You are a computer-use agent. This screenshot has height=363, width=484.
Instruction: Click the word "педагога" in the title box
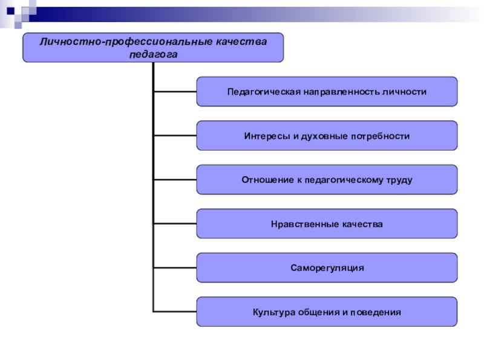point(153,54)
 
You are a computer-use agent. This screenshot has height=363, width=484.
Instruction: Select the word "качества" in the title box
point(241,42)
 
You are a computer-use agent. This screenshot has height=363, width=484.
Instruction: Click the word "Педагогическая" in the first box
point(264,92)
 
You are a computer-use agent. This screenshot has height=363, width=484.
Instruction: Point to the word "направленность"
point(342,92)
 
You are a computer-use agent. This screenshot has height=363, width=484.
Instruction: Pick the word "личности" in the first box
point(405,92)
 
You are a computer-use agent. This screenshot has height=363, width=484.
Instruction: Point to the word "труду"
point(399,180)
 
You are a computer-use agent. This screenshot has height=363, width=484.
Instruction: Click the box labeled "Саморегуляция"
point(327,267)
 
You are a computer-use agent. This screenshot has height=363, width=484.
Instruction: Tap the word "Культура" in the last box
point(274,312)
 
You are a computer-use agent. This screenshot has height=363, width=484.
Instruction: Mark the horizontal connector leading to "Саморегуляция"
point(175,267)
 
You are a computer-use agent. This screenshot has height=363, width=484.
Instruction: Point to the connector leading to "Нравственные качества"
point(175,223)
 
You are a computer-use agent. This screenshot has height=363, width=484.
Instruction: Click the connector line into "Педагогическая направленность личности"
point(175,91)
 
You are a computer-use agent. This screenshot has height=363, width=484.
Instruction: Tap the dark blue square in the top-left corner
point(10,11)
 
